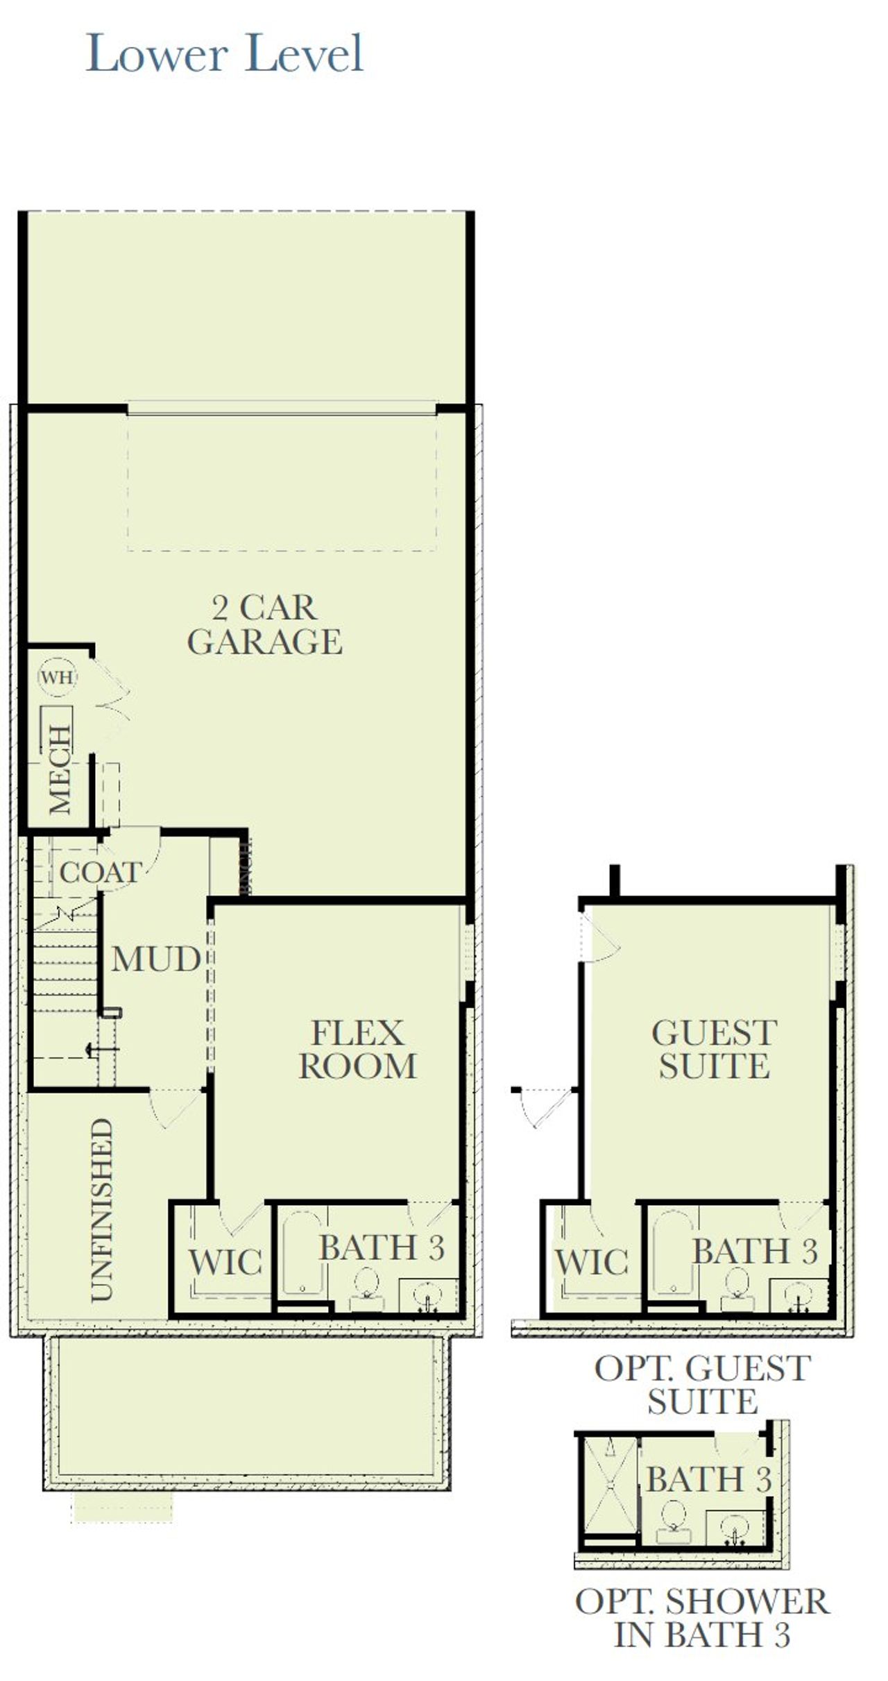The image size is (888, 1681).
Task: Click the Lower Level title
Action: point(224,54)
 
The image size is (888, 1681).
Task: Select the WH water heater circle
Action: point(57,676)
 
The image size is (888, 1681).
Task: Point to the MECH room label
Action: point(60,769)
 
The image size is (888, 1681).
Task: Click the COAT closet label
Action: point(100,873)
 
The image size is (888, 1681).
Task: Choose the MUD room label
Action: point(156,959)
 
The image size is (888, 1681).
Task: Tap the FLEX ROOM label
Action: point(357,1050)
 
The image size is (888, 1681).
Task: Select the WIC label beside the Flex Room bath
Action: point(225,1262)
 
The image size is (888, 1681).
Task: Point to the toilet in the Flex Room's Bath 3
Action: point(366,1290)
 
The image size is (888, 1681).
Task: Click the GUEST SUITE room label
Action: point(714,1049)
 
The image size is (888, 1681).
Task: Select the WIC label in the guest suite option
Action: point(592,1262)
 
